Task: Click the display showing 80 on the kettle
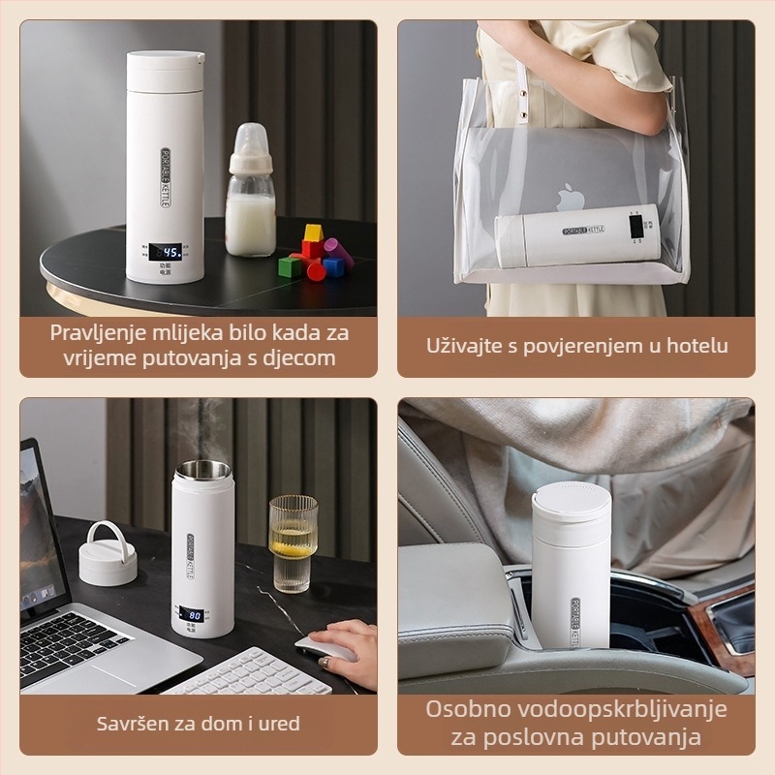[x=192, y=614]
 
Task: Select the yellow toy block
[x=312, y=233]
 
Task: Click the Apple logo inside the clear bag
[x=565, y=198]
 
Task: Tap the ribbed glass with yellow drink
[x=293, y=542]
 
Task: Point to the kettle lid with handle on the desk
[x=108, y=554]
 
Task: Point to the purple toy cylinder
[x=338, y=254]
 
